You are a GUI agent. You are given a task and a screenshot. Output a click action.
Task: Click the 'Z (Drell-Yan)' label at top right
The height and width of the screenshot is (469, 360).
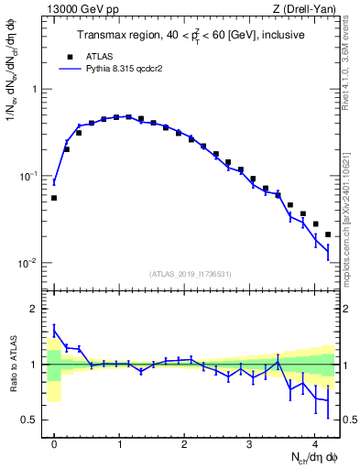tap(309, 10)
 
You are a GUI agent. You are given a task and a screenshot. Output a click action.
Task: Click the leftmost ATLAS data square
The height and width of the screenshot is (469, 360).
tap(54, 198)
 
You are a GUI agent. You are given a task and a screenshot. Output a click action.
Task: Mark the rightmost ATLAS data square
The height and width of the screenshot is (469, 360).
tap(327, 234)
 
